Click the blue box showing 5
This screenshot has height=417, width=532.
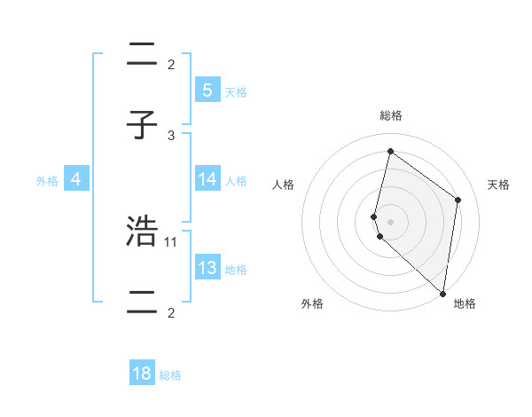[207, 90]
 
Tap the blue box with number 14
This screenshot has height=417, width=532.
[207, 179]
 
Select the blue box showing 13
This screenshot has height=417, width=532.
[207, 268]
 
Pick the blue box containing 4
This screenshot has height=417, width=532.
[76, 179]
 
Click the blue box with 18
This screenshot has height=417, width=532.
[142, 374]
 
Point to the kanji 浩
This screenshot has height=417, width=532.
[142, 232]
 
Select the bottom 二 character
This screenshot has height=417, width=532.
[142, 303]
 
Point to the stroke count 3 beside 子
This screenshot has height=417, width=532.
[171, 135]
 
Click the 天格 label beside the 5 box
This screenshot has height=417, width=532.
[236, 91]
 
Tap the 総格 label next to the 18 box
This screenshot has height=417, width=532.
[170, 375]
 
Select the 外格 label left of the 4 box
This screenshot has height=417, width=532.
[47, 181]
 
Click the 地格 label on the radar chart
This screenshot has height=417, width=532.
[465, 304]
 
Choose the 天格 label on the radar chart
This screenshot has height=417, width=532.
[498, 185]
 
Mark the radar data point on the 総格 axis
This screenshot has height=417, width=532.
[390, 151]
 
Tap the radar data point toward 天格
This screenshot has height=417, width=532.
[458, 200]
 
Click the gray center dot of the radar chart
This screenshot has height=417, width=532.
[390, 221]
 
